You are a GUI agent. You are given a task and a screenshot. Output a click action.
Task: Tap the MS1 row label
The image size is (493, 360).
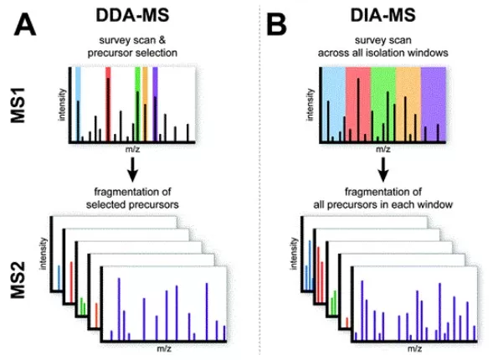tap(26, 108)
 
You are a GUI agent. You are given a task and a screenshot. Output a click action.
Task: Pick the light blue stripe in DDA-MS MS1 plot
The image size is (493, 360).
tap(79, 84)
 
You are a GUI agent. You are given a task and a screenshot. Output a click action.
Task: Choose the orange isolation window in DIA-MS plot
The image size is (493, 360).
tap(408, 100)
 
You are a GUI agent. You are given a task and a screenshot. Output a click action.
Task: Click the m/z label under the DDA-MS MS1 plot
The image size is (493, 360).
tap(131, 149)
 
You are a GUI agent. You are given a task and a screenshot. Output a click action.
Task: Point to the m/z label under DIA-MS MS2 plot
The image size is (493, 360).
tap(413, 346)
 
